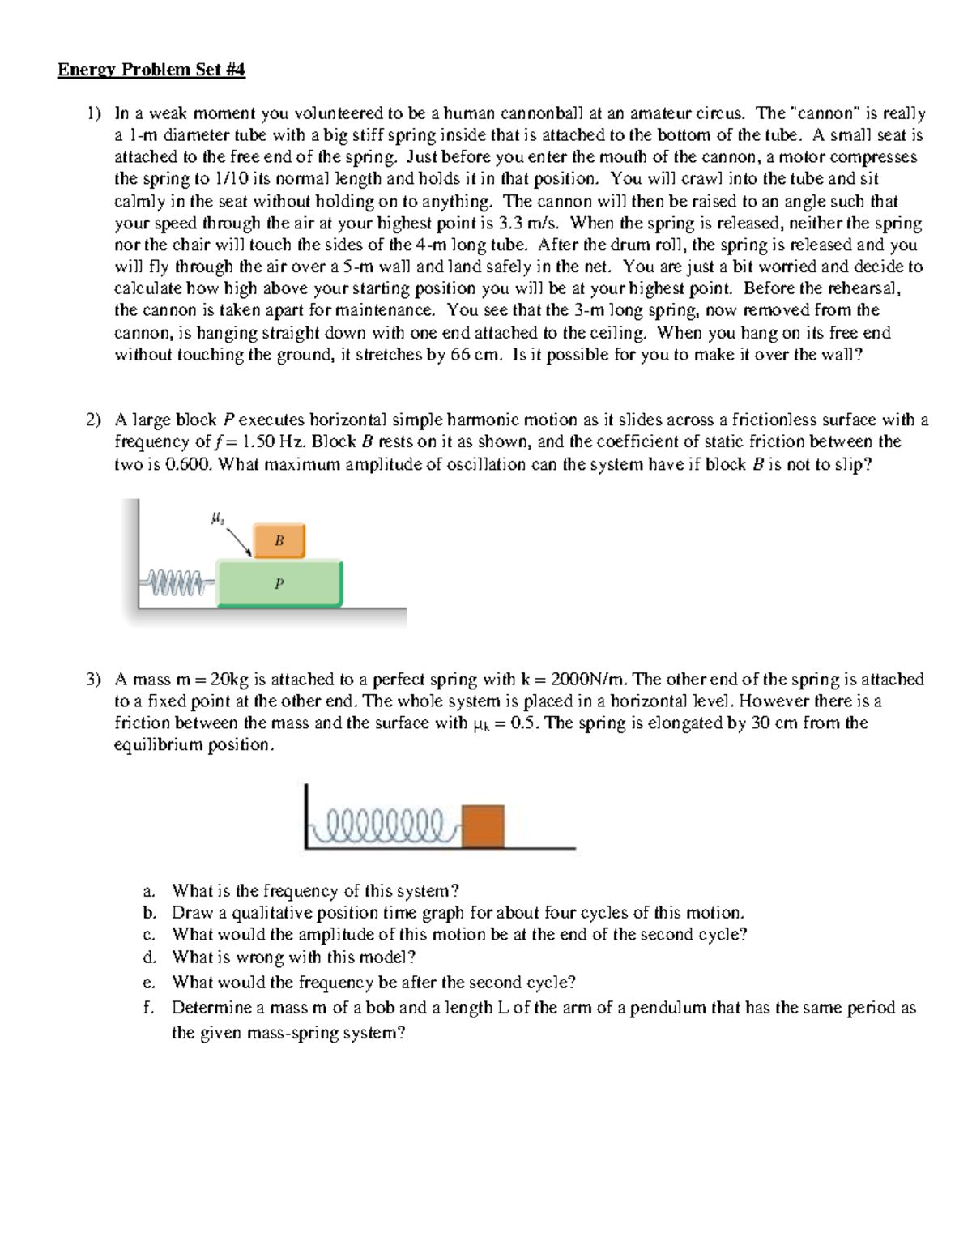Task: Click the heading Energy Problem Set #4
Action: [x=151, y=70]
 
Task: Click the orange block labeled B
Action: [x=279, y=540]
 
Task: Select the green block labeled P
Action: [x=279, y=583]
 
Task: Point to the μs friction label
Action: [x=217, y=518]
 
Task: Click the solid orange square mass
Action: [x=483, y=825]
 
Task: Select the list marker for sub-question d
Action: [x=149, y=957]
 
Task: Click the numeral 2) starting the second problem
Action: [x=94, y=420]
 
